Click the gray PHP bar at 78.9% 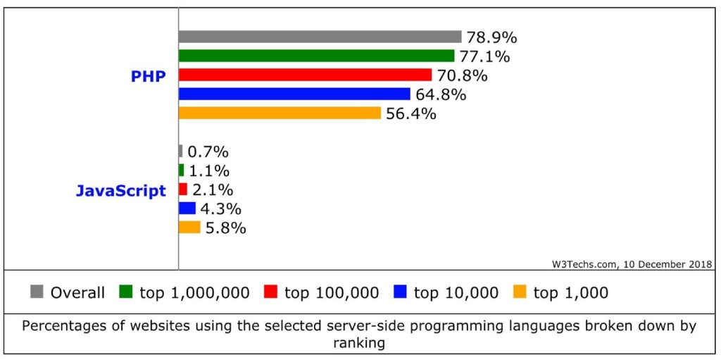pos(320,37)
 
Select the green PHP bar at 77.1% pos(316,56)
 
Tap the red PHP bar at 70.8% pos(305,75)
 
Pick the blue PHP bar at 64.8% pos(294,94)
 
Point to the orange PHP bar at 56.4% pos(280,113)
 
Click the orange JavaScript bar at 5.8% pos(189,227)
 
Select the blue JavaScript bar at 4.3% pos(187,208)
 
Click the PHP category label pos(149,76)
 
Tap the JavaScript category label pos(121,190)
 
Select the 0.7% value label pos(208,151)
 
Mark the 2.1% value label pos(213,190)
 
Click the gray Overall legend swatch pos(37,292)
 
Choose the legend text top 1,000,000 pos(194,292)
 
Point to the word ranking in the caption pos(360,342)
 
